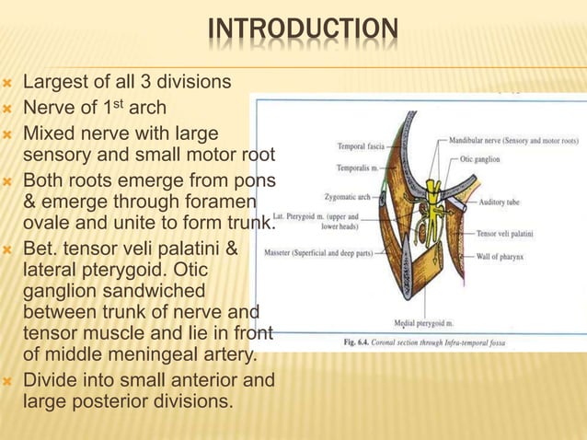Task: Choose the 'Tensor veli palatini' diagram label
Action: click(x=510, y=234)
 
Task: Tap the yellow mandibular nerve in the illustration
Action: click(x=429, y=191)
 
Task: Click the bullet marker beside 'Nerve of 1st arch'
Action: click(x=9, y=108)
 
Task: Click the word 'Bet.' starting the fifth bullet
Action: click(x=41, y=249)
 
